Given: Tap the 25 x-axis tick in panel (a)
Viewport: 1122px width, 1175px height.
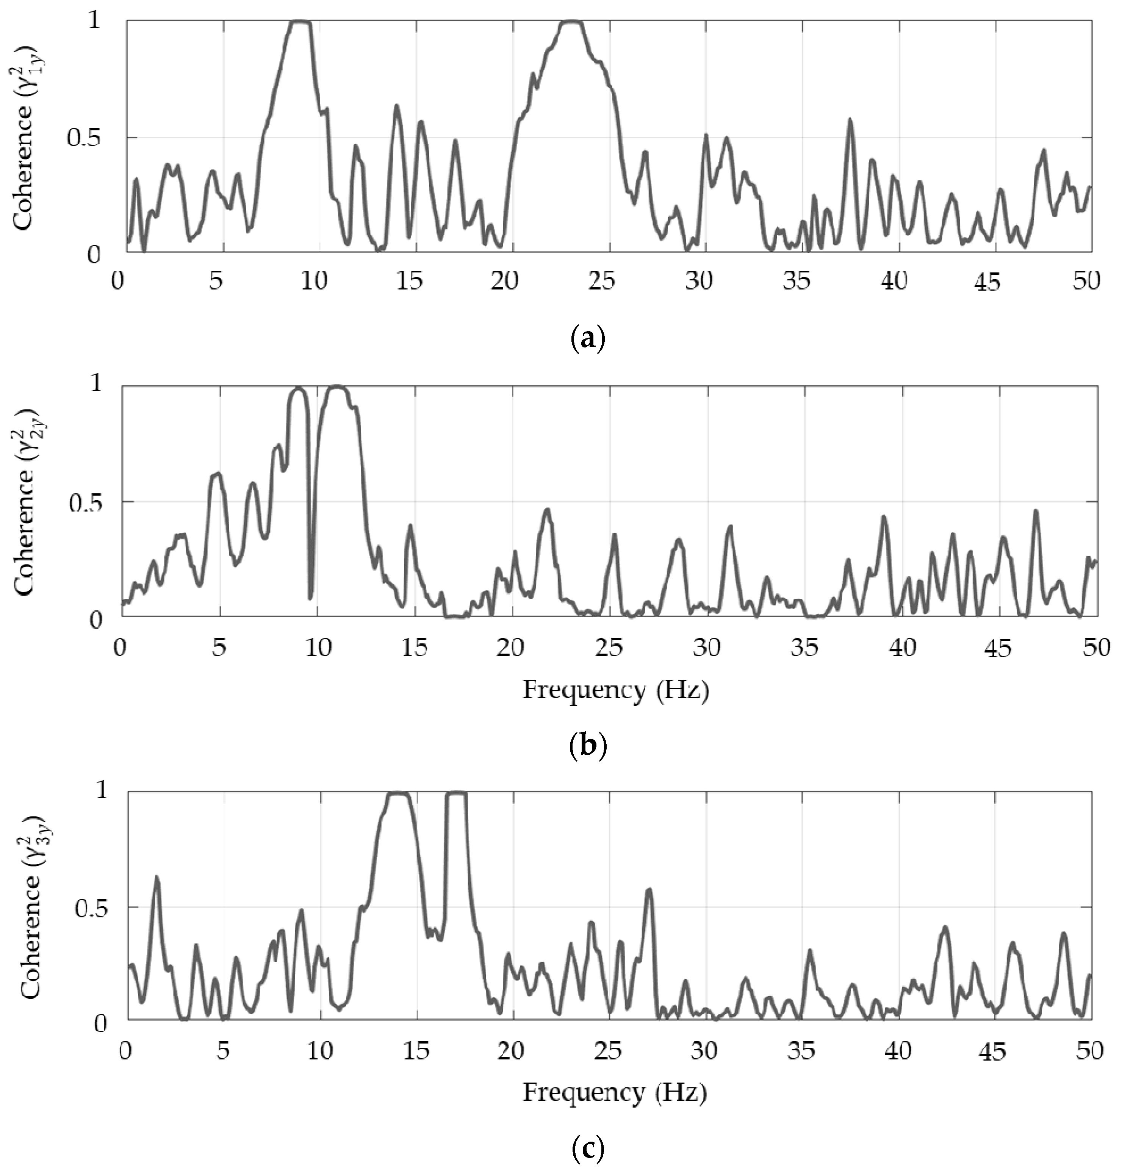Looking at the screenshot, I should [x=602, y=282].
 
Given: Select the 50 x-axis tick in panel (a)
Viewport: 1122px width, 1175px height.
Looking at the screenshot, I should [x=1086, y=282].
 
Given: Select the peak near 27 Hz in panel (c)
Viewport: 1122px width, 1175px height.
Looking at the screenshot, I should [x=649, y=890].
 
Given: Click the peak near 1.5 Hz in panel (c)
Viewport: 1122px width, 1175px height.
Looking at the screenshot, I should [x=157, y=878].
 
